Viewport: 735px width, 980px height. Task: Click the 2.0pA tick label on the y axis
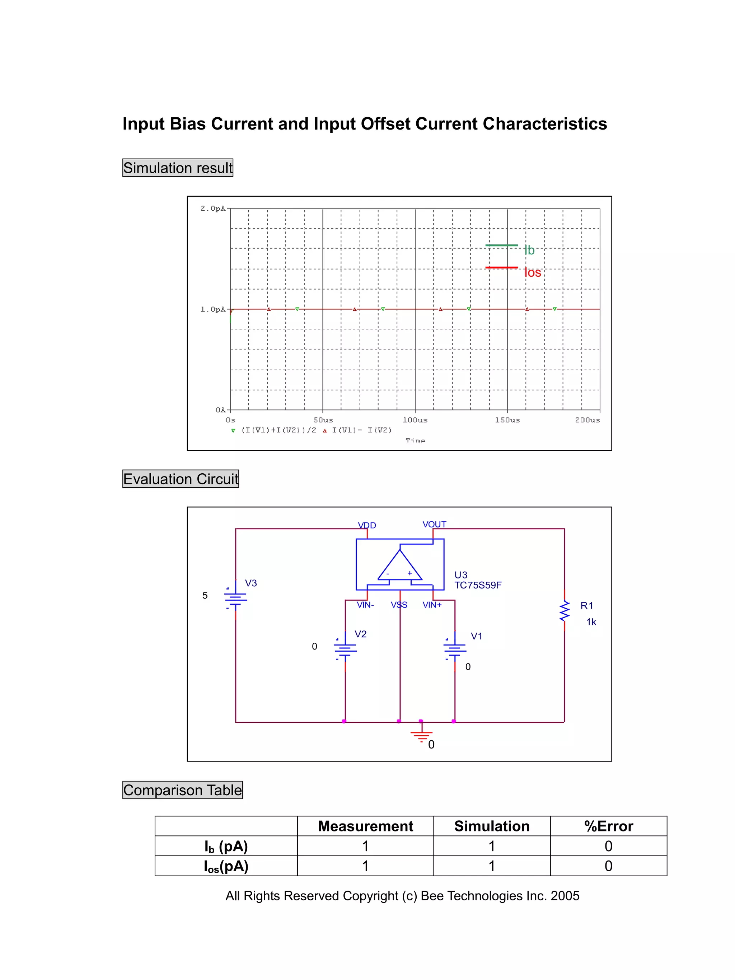[213, 208]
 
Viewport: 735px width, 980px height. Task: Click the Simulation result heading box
[178, 168]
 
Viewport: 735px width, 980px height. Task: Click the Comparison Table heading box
[183, 790]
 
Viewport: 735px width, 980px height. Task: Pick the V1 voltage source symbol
[455, 649]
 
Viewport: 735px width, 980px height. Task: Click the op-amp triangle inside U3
[399, 567]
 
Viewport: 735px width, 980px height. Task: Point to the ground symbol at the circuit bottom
[421, 735]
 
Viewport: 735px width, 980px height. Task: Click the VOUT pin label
[434, 524]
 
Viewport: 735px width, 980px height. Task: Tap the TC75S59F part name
[478, 585]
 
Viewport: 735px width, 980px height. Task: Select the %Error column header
[608, 826]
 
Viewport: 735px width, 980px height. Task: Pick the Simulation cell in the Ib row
[491, 846]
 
